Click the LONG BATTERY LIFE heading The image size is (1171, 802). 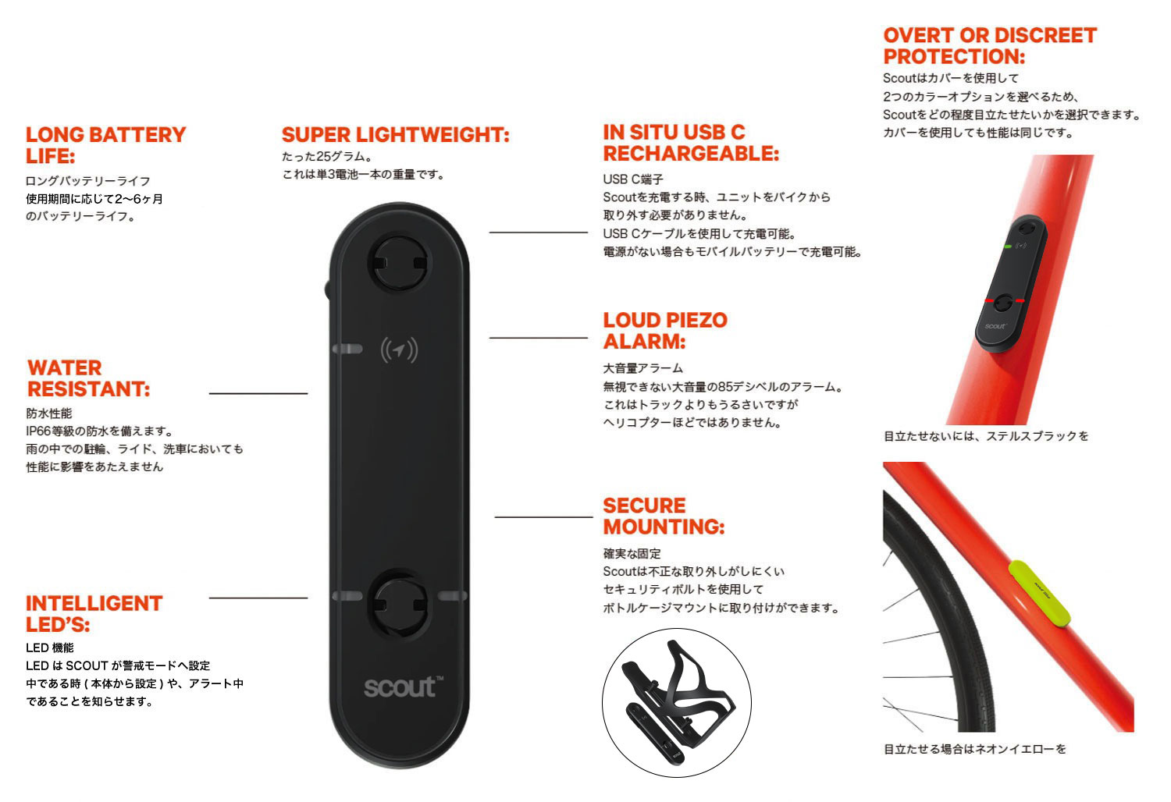click(105, 145)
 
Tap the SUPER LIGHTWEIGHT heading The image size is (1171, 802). click(395, 135)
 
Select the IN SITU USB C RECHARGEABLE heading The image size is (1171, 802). click(691, 143)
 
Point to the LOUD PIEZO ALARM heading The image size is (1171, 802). click(665, 330)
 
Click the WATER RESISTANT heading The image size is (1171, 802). click(88, 378)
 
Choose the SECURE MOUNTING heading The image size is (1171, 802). click(664, 516)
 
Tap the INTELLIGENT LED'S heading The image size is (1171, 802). click(94, 613)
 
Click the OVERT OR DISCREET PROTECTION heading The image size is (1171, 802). click(990, 45)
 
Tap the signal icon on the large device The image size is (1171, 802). click(399, 350)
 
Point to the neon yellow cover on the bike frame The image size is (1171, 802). click(1038, 594)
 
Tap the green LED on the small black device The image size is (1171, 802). click(1007, 246)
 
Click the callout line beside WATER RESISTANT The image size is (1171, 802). click(258, 393)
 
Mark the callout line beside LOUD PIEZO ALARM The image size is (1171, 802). click(539, 338)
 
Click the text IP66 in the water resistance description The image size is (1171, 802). click(40, 431)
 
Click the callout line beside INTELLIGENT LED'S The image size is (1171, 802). click(258, 597)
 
